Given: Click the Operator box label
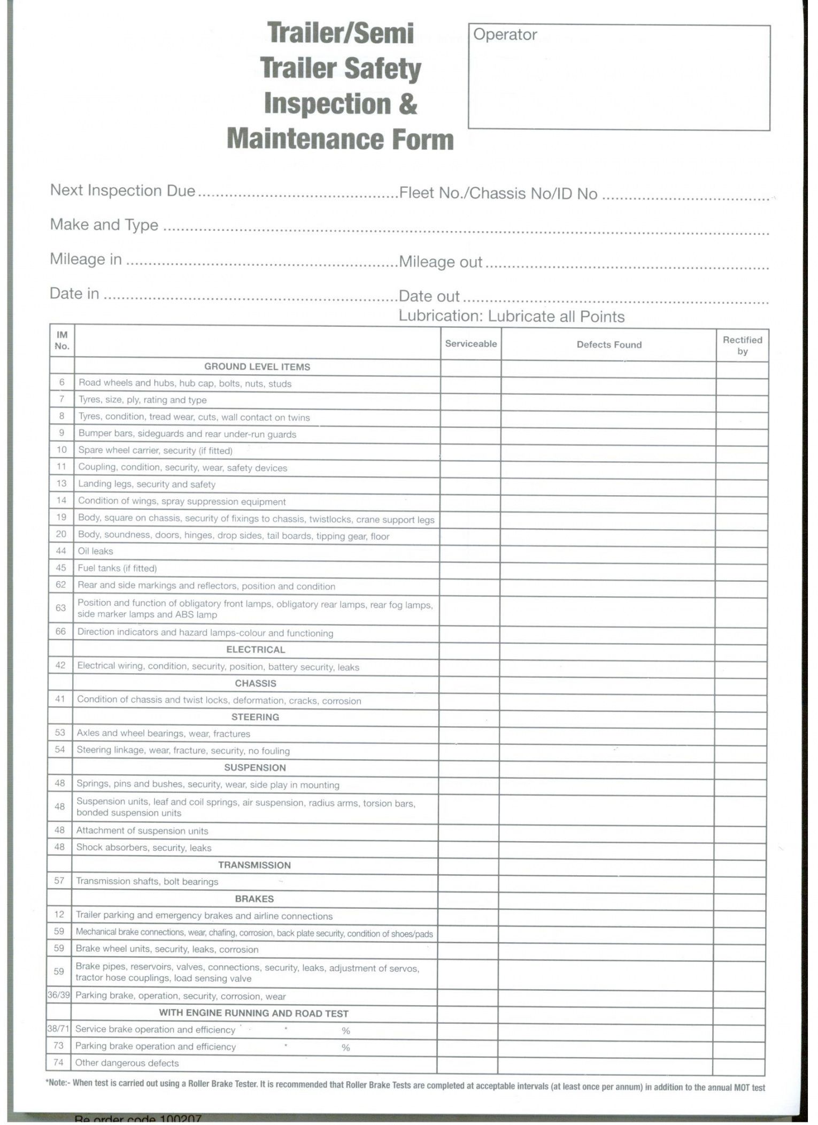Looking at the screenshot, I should point(505,35).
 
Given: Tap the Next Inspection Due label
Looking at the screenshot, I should point(122,191).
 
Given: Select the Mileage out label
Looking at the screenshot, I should point(441,262).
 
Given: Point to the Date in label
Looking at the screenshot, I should point(74,294).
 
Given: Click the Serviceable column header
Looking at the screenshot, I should point(470,344).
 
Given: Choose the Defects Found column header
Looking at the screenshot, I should point(609,345).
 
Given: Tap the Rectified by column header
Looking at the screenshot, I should point(742,345).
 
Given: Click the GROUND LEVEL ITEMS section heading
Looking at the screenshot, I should point(257,367).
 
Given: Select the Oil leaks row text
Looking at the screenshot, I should point(96,551).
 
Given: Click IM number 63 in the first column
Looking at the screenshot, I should point(61,608).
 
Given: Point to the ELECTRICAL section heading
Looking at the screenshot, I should point(256,650).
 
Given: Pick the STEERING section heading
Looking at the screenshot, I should point(255,717).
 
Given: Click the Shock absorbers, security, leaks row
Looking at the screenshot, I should point(144,847).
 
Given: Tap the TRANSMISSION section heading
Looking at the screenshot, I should point(254,865).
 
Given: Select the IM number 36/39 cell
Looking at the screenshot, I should point(59,995).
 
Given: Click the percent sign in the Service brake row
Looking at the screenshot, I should point(346,1030).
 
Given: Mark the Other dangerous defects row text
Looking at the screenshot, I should point(127,1063).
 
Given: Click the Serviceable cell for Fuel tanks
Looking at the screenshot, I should point(470,568).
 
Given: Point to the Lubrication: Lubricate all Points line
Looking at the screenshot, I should point(512,317).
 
